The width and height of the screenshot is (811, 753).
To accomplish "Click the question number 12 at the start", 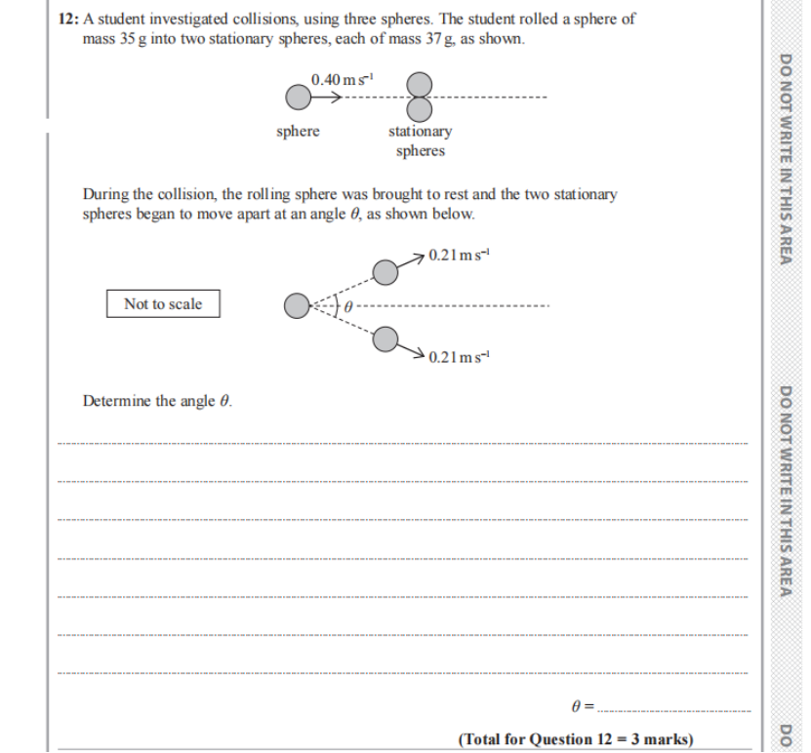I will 67,20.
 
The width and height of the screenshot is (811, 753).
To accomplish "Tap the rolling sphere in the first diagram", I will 298,97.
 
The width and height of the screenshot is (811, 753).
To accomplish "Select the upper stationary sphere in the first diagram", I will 420,85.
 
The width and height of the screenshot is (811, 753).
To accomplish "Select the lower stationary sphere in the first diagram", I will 420,106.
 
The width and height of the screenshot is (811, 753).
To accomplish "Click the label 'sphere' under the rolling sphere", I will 298,132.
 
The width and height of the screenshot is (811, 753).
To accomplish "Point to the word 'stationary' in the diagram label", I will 420,132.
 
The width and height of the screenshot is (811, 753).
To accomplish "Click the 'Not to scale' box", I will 163,304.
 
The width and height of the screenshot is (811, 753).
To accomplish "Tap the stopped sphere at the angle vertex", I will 297,306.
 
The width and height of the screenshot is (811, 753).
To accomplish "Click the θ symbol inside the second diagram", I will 346,306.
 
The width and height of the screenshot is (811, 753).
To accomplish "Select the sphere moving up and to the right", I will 386,271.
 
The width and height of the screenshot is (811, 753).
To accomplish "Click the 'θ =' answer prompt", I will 582,704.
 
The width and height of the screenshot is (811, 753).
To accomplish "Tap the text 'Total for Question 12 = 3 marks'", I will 576,738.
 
